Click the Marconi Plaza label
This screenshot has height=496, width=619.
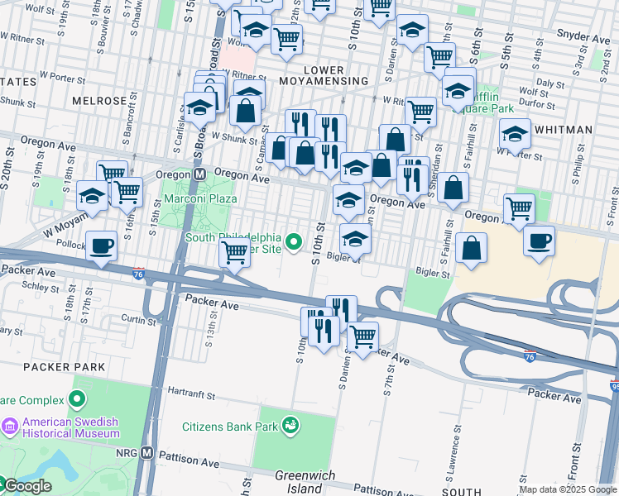199,198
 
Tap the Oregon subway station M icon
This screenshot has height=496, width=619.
199,174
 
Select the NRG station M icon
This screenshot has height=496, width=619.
147,453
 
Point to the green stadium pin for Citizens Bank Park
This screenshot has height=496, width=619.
290,426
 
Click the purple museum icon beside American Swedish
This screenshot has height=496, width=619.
10,427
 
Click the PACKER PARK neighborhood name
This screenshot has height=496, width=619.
65,366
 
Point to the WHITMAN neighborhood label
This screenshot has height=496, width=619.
564,130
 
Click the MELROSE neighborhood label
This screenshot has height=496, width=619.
99,101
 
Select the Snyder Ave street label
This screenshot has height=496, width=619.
583,37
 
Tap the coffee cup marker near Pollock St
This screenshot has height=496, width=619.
102,246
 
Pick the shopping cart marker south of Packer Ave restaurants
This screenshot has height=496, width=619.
362,336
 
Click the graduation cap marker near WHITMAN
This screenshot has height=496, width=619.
515,133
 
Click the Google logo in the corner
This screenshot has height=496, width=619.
26,486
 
